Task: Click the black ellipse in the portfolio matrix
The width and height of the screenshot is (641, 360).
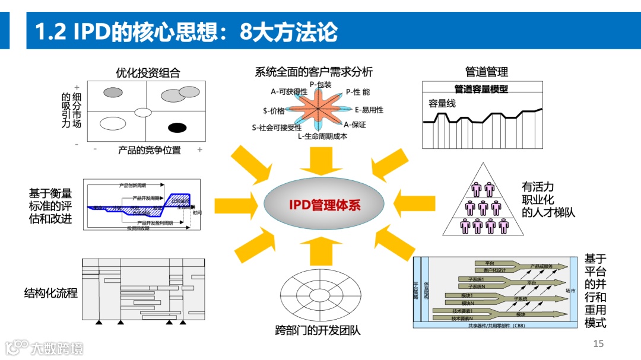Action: (177, 128)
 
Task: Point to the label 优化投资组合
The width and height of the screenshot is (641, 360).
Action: (148, 73)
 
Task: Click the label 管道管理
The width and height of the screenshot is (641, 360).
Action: (487, 72)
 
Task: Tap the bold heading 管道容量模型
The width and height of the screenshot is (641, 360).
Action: (481, 89)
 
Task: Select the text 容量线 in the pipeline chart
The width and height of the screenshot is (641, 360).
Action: (442, 103)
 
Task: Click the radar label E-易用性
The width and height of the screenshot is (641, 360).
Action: (369, 110)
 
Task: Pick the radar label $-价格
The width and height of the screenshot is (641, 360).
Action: (274, 110)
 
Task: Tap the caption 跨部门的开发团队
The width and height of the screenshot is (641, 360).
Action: (318, 330)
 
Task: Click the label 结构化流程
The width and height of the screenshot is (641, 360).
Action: (51, 293)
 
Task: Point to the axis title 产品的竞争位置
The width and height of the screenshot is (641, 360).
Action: (150, 150)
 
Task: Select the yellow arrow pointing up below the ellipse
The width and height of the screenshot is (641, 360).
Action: (320, 251)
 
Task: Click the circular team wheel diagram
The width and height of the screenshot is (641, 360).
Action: (320, 295)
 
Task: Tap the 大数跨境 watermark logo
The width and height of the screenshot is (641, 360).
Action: (45, 348)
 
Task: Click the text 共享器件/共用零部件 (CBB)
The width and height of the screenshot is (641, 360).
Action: (496, 325)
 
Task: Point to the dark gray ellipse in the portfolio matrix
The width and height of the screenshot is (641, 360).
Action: (113, 92)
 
